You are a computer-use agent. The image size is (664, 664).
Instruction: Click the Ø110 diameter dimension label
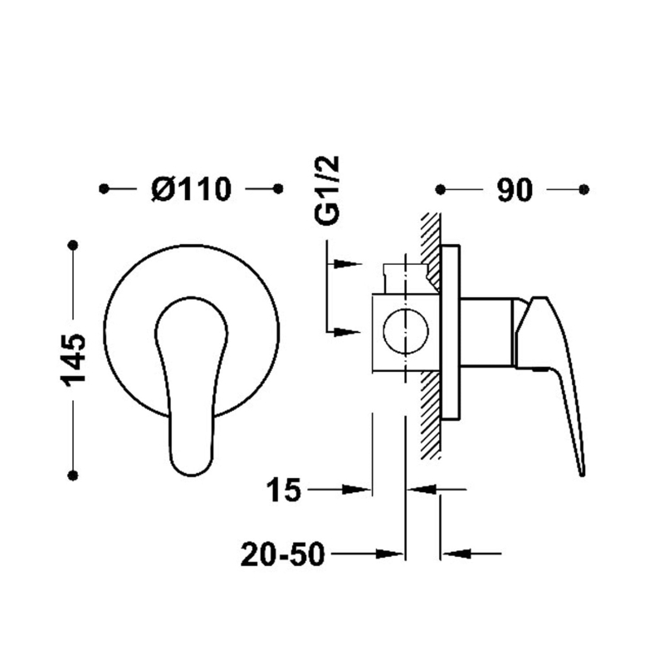(192, 189)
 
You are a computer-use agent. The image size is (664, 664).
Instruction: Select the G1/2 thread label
(327, 190)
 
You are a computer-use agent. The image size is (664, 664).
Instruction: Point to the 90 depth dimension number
(514, 190)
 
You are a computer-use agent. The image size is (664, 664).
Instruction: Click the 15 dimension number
(283, 490)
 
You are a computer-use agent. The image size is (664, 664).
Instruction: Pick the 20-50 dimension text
(282, 554)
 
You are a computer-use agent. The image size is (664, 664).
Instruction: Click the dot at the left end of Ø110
(104, 188)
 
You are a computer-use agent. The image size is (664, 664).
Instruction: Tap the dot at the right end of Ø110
(278, 188)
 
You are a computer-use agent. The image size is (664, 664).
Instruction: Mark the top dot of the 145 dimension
(73, 245)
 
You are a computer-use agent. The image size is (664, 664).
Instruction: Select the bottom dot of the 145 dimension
(73, 475)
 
